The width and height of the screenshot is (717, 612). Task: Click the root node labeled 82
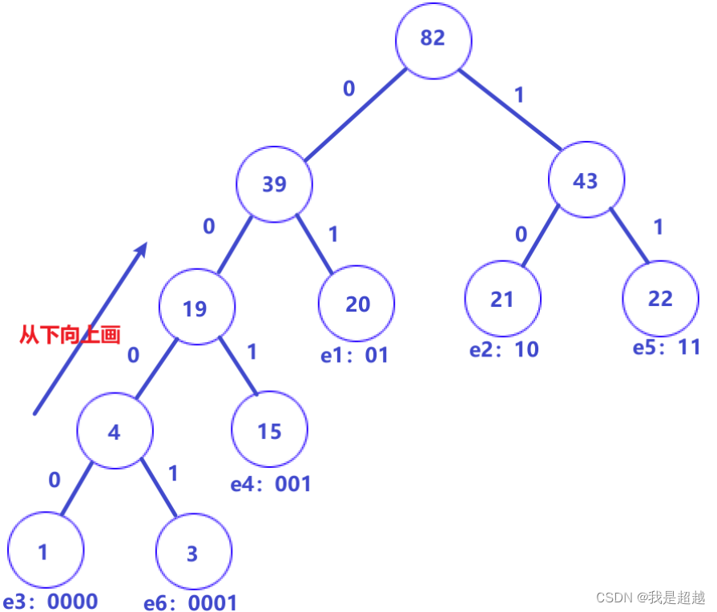click(x=433, y=39)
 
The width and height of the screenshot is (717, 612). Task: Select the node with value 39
click(x=275, y=184)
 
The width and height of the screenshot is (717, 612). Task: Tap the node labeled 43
click(x=586, y=181)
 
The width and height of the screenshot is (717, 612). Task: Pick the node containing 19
click(x=196, y=308)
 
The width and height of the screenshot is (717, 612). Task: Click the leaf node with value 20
click(x=356, y=304)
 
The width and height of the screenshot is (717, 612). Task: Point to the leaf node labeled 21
click(x=502, y=299)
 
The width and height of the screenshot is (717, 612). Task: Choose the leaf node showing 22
click(x=660, y=299)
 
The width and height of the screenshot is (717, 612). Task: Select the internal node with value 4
click(x=115, y=432)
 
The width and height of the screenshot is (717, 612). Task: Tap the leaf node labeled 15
click(x=269, y=432)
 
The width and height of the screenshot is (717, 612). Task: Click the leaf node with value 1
click(x=44, y=553)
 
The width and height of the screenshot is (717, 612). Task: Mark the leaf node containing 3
click(x=193, y=554)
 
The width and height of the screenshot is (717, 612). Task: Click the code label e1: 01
click(x=354, y=355)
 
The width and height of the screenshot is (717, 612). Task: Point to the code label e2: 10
click(x=504, y=349)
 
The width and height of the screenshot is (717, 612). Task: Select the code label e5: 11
click(x=666, y=348)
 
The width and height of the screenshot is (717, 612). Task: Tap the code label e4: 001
click(x=270, y=484)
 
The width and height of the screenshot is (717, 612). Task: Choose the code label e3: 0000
click(x=50, y=602)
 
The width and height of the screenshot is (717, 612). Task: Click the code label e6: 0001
click(x=190, y=602)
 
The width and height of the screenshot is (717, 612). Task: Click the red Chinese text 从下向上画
click(x=70, y=334)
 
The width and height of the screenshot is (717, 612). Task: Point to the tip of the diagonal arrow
click(x=146, y=244)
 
